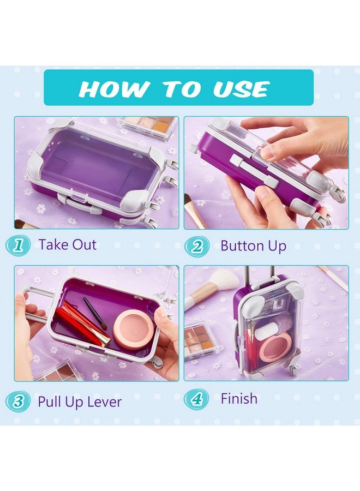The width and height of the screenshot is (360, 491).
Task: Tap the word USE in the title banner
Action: click(241, 89)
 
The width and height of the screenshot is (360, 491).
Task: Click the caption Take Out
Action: click(68, 245)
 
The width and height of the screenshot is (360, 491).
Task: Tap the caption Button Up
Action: click(253, 246)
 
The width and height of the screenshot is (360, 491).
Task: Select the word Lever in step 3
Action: click(104, 402)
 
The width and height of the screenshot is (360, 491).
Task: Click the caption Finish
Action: click(239, 399)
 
